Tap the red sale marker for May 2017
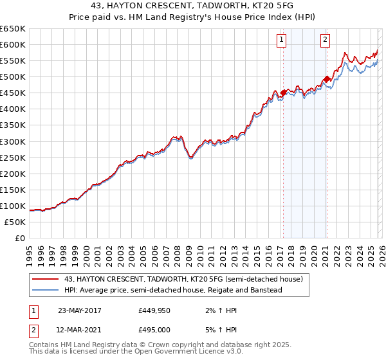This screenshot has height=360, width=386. tap(283, 93)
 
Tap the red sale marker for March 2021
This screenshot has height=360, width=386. tap(327, 79)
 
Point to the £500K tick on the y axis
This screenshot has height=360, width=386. tap(13, 77)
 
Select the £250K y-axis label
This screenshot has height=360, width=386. tap(13, 157)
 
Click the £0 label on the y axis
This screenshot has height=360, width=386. tap(19, 238)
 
